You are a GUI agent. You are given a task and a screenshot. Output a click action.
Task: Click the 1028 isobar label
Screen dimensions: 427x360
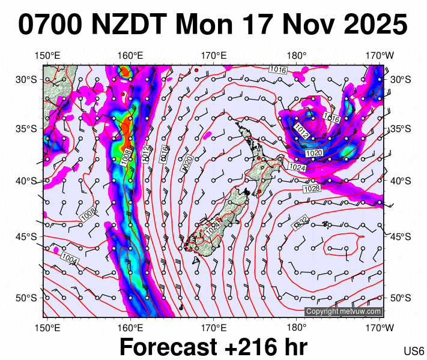click(312, 189)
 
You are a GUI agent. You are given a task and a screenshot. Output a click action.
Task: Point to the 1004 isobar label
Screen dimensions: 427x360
click(70, 257)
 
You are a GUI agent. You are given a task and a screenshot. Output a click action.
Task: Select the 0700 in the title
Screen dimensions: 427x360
click(51, 25)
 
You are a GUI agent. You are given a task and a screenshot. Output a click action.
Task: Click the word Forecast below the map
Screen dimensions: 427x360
click(168, 347)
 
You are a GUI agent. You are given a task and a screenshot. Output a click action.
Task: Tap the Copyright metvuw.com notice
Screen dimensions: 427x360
click(344, 311)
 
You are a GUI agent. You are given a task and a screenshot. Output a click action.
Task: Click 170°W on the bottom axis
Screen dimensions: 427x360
click(380, 327)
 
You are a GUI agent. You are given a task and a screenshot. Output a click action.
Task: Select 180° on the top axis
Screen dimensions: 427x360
click(297, 56)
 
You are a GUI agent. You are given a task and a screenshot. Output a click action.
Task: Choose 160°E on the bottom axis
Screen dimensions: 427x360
click(130, 327)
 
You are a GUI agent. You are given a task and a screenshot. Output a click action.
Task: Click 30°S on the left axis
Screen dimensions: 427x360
click(26, 79)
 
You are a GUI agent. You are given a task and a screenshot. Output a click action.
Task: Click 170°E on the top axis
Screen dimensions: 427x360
click(213, 56)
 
